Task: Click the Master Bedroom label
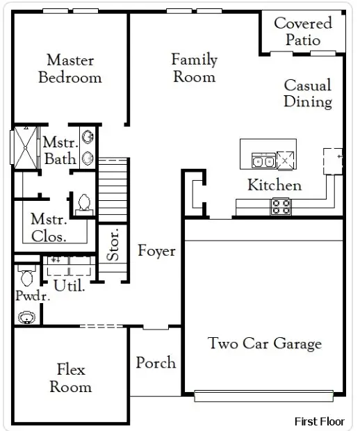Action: [69, 68]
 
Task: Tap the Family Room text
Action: [195, 68]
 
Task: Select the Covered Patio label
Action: [302, 31]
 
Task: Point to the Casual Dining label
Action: [308, 93]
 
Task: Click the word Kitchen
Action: [275, 185]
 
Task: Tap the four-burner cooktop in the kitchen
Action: [281, 206]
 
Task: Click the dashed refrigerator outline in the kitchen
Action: [332, 161]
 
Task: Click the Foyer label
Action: [156, 251]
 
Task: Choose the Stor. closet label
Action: [113, 245]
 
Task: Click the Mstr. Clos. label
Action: [49, 228]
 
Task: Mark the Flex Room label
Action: [71, 377]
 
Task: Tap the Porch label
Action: [156, 363]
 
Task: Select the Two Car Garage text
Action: [265, 343]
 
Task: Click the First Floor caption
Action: [319, 421]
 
